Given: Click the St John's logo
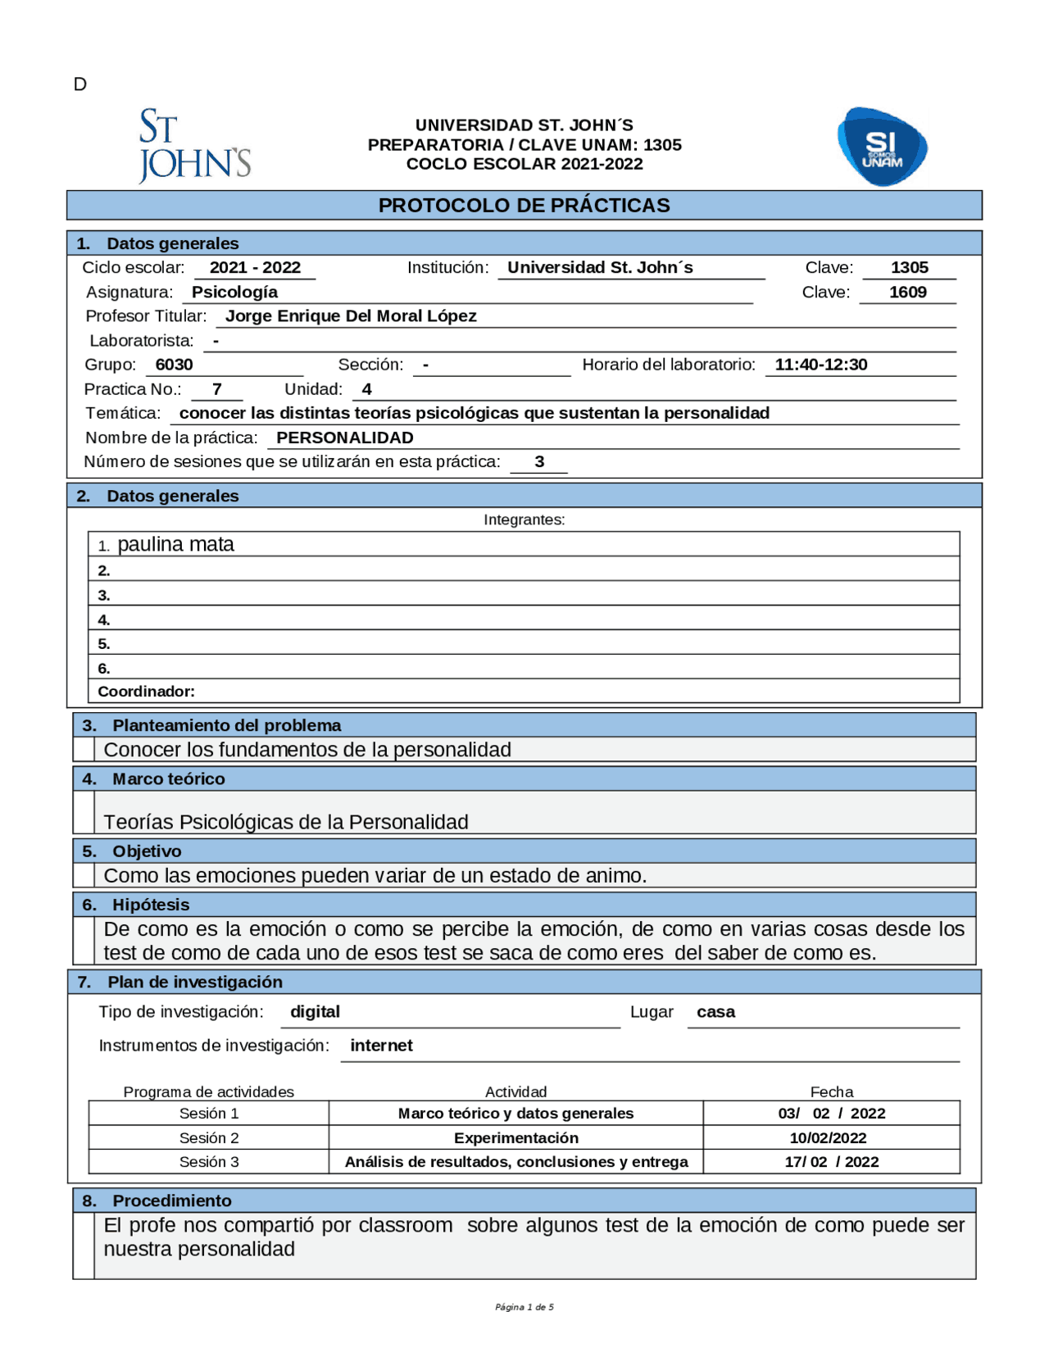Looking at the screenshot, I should click(x=194, y=146).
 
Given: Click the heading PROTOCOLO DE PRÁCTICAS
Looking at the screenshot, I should click(x=524, y=206).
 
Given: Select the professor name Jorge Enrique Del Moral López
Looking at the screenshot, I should click(x=351, y=316).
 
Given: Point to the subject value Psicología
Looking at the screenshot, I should click(x=234, y=293).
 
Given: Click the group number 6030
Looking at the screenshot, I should click(x=174, y=365).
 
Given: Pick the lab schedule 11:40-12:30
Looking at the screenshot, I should click(x=820, y=365).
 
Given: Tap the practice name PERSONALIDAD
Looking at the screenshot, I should click(x=344, y=438).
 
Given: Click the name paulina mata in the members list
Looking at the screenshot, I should click(x=175, y=545).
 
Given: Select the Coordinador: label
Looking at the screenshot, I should click(x=146, y=692).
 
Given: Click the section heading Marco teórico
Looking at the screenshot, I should click(x=168, y=779).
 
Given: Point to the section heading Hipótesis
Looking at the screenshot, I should click(x=151, y=905).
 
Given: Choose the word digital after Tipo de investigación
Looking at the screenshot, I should click(x=315, y=1012).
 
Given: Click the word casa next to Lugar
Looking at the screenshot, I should click(x=715, y=1012).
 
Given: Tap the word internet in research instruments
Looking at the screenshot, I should click(x=381, y=1046).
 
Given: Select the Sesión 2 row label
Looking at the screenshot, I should click(x=209, y=1138).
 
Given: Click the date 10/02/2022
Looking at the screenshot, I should click(x=828, y=1138).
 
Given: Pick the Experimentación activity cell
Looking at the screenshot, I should click(x=515, y=1138).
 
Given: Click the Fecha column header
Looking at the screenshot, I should click(x=831, y=1092).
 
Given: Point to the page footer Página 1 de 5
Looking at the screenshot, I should click(x=524, y=1307).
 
